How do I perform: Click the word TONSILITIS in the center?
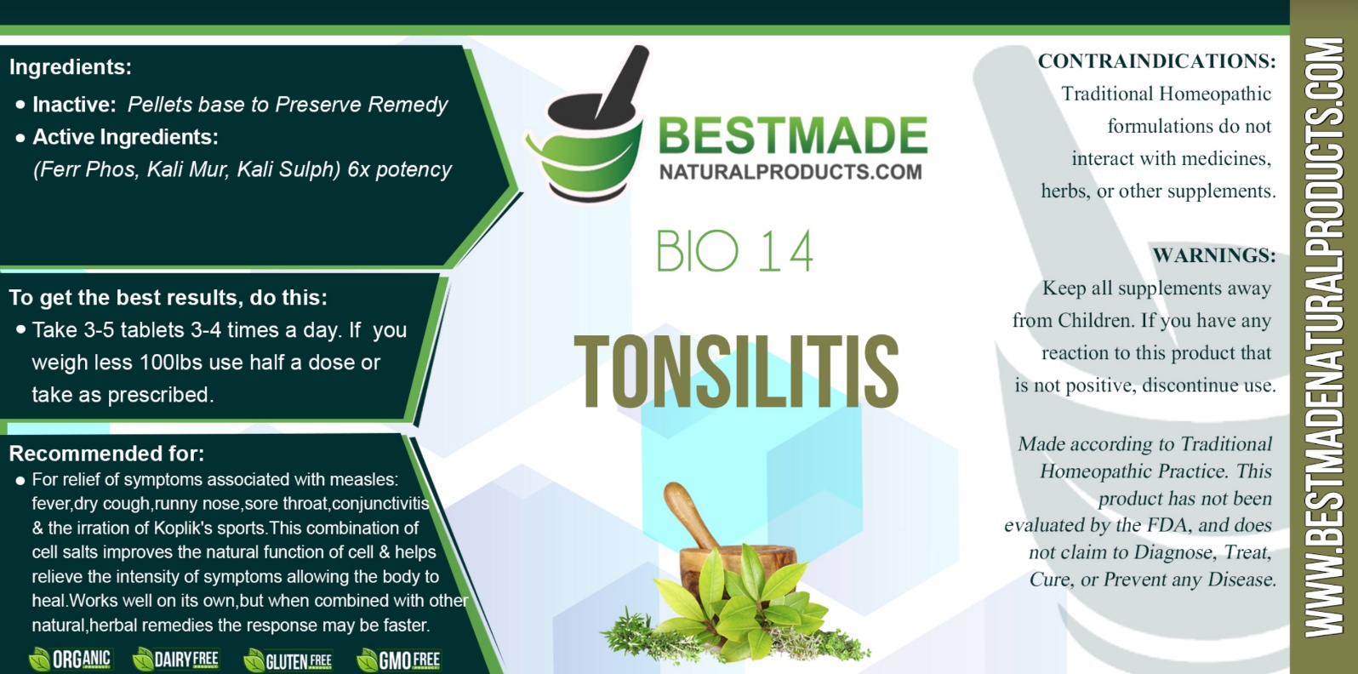pos(736,371)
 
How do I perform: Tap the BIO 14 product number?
pos(734,251)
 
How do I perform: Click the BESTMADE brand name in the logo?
pos(792,135)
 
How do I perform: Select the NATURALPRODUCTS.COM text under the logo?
pos(790,172)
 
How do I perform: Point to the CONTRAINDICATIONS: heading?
pos(1156,61)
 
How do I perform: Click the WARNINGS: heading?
pos(1213,255)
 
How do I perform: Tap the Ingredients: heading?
pos(71,66)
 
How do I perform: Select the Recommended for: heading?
pos(106,454)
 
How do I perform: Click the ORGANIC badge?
pos(71,660)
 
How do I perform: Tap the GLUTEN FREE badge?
pos(288,660)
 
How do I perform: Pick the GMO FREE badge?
pos(399,660)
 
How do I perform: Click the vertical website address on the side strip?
pos(1324,338)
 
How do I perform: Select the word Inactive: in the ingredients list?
pos(74,105)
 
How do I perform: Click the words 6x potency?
pos(400,169)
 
